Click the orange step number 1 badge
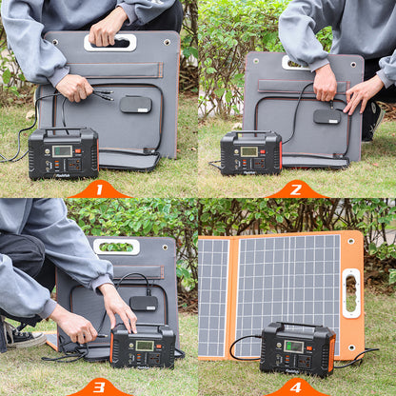[x=99, y=189]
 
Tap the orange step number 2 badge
[x=296, y=189]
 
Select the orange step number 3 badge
[x=99, y=387]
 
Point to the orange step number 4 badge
[x=296, y=387]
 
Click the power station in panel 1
[x=63, y=153]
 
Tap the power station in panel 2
[x=250, y=153]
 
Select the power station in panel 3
[x=143, y=346]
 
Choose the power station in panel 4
[x=297, y=348]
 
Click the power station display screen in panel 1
[x=62, y=150]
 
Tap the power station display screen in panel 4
[x=294, y=346]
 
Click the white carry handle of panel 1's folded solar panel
[x=109, y=42]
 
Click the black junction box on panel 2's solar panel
[x=327, y=116]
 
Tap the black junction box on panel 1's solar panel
[x=135, y=104]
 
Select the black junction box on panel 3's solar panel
[x=144, y=303]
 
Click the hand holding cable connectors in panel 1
[x=73, y=89]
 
